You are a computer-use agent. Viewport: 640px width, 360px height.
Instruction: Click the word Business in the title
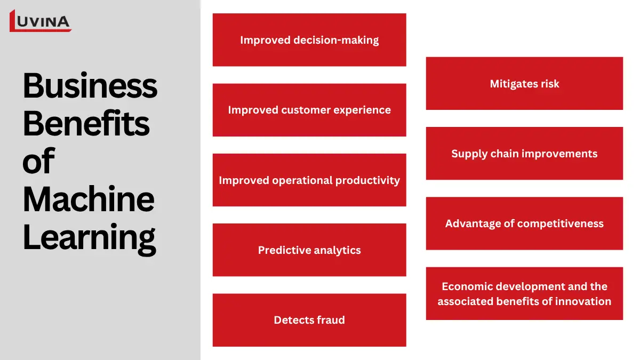(x=90, y=85)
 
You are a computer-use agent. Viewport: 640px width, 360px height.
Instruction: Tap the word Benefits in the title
(x=86, y=123)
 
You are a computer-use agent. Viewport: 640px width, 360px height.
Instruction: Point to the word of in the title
(x=38, y=161)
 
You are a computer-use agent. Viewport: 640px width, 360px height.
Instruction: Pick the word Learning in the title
(x=89, y=237)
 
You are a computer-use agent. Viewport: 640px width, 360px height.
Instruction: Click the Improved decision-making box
(x=309, y=40)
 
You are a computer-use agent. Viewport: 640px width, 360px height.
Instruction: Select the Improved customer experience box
(x=309, y=110)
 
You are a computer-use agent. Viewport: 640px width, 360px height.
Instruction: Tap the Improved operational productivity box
(x=309, y=180)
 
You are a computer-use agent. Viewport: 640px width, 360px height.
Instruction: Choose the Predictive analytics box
(x=309, y=250)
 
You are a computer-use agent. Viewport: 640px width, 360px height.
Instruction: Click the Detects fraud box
(x=309, y=320)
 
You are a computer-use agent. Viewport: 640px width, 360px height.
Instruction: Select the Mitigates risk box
(x=524, y=84)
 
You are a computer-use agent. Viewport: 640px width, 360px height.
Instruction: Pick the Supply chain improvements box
(x=524, y=154)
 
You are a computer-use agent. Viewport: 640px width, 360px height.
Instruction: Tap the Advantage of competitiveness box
(x=524, y=223)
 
